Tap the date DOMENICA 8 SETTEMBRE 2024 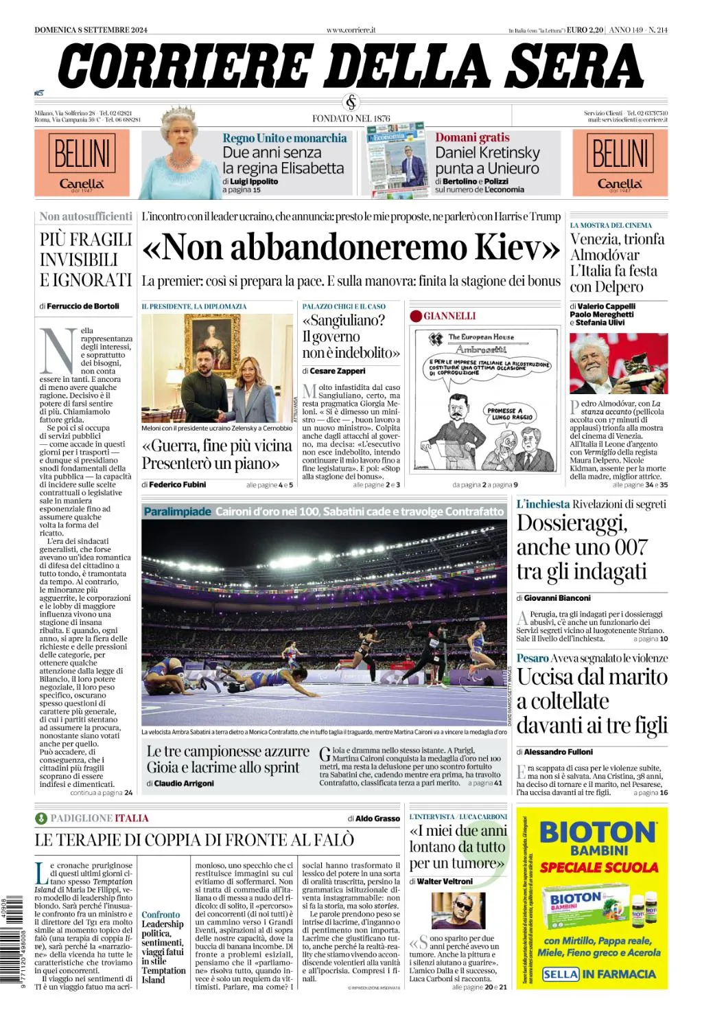tap(91, 30)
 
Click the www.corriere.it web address tap(351, 30)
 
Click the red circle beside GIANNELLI tap(416, 316)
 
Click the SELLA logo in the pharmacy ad tap(560, 974)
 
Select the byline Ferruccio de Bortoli tap(83, 306)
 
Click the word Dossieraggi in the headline tap(572, 523)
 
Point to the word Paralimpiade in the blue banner tap(178, 512)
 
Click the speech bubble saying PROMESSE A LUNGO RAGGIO tap(511, 413)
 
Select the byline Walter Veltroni tap(445, 881)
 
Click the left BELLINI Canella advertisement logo tap(82, 163)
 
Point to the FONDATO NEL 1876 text tap(351, 118)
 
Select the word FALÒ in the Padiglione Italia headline tap(332, 840)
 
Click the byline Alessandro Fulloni tap(559, 752)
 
